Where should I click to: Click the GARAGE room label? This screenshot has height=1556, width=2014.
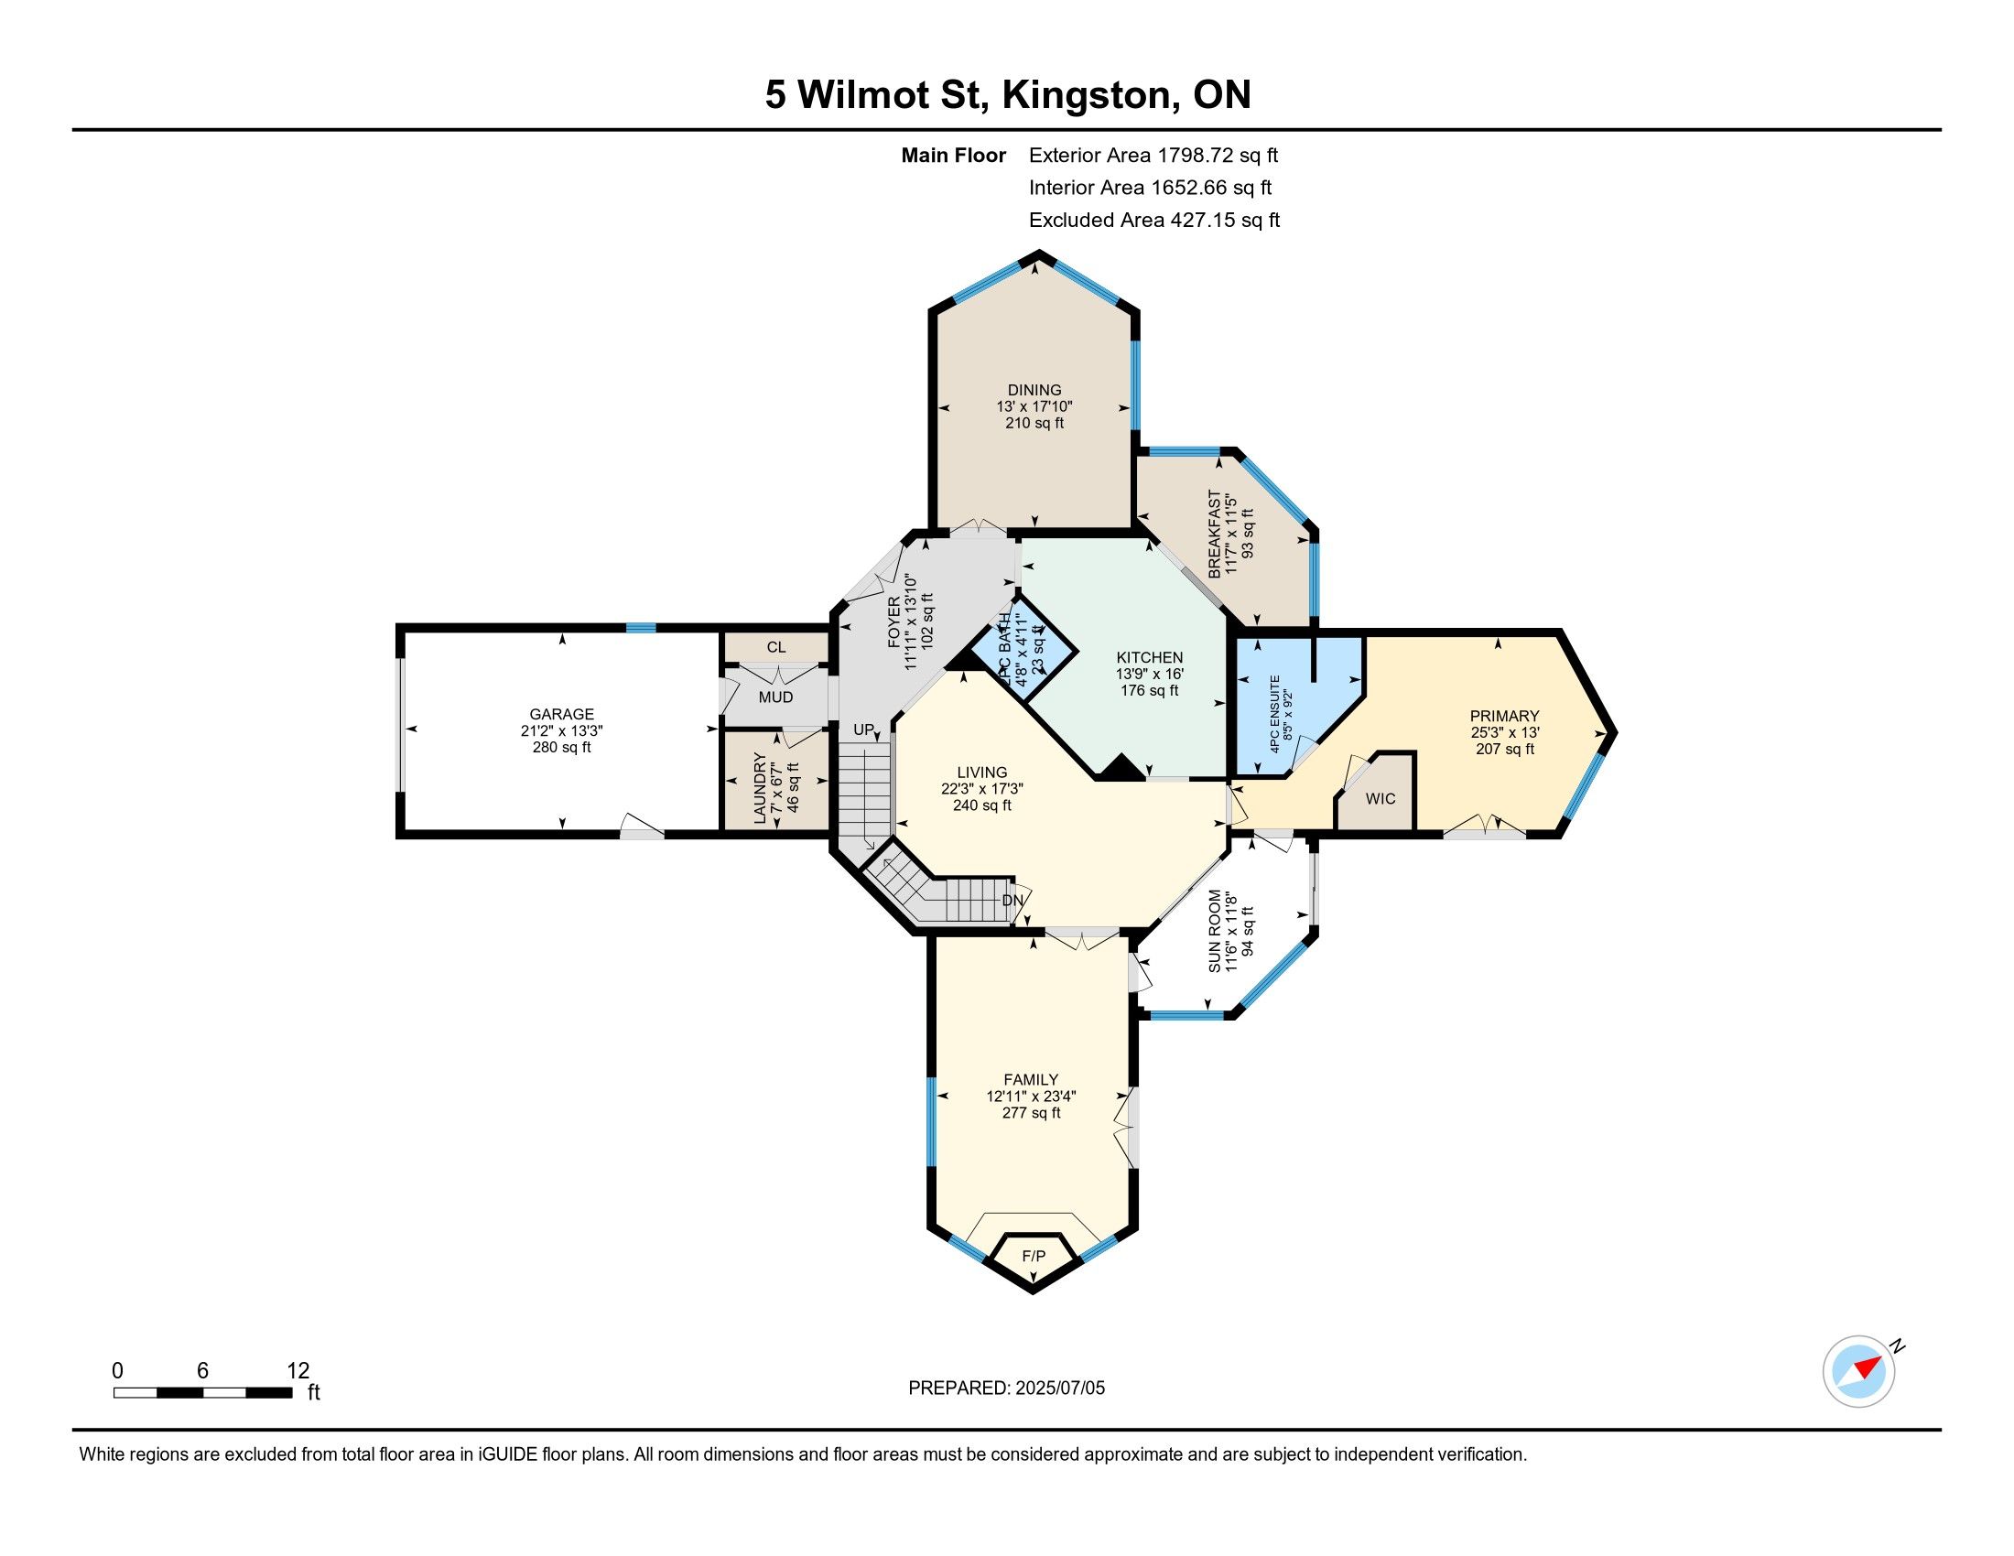point(561,714)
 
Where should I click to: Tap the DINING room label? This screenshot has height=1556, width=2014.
point(1034,390)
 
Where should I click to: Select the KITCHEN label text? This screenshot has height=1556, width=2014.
point(1149,657)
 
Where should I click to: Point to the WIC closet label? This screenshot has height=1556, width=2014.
point(1381,798)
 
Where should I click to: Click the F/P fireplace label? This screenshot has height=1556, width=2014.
point(1034,1257)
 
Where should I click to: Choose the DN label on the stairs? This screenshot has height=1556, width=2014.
point(1012,901)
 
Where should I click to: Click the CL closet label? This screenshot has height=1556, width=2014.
point(776,648)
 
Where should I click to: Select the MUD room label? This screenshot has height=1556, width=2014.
point(775,697)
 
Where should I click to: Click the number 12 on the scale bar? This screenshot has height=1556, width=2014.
point(298,1371)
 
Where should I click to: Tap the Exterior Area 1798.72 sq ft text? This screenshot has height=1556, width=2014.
point(1153,155)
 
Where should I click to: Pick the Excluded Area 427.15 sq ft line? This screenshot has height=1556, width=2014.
point(1154,221)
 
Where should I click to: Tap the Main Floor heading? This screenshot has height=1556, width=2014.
point(954,155)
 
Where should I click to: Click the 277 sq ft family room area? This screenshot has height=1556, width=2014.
point(1031,1113)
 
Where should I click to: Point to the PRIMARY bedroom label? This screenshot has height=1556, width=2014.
point(1504,717)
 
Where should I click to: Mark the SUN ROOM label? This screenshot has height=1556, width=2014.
point(1216,931)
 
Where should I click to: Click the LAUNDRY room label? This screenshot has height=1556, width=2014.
point(760,788)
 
